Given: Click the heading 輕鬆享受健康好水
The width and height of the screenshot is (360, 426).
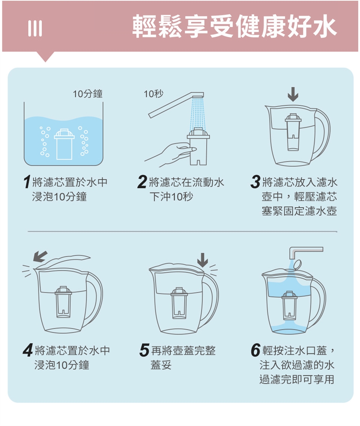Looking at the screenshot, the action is tap(234, 26).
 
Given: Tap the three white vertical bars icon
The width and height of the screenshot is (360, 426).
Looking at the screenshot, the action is tap(35, 28).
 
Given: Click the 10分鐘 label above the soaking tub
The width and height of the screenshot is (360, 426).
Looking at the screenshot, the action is tap(87, 94).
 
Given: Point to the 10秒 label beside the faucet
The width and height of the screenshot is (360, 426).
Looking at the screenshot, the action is tap(153, 94).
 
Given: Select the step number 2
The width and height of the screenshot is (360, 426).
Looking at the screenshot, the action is tap(142, 182).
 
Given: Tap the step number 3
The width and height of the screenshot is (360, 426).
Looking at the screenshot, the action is tap(255, 182).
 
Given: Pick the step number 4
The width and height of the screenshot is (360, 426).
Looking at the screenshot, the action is tap(28, 350).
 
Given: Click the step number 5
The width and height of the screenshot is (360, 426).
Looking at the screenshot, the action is tap(144, 350).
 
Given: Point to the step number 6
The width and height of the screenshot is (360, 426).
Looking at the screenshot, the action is tap(256, 350).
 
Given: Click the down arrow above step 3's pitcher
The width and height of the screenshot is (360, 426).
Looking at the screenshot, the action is tap(293, 94).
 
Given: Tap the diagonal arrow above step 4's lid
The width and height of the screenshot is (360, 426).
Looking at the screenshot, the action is tap(40, 257).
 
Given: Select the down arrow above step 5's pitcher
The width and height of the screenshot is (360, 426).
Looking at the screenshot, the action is tap(202, 260).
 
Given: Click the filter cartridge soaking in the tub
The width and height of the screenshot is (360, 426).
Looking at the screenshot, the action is tap(64, 144).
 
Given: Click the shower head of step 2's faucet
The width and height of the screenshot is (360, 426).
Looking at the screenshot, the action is tap(198, 95).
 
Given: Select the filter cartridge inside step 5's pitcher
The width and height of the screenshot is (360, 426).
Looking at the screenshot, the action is tap(179, 303).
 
